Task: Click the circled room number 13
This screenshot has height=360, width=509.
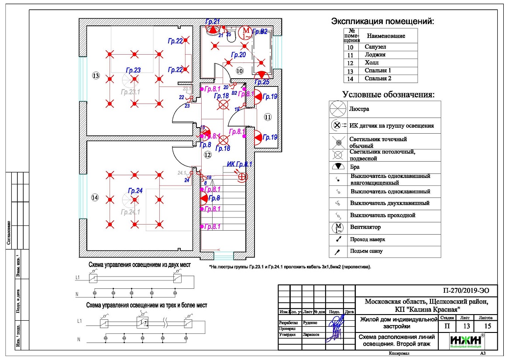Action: point(96,76)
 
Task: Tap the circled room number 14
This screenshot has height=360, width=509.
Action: point(95,197)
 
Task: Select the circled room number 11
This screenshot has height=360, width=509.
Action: point(267,117)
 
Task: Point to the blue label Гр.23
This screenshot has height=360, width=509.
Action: point(133,70)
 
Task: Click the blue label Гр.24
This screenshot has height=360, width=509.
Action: point(135,190)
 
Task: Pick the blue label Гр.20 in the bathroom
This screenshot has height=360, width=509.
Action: point(238,55)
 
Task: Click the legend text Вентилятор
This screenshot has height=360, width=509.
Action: point(365,227)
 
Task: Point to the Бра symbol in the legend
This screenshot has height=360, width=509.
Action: point(339,167)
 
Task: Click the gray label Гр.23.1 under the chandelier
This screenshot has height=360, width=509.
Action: point(131,92)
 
